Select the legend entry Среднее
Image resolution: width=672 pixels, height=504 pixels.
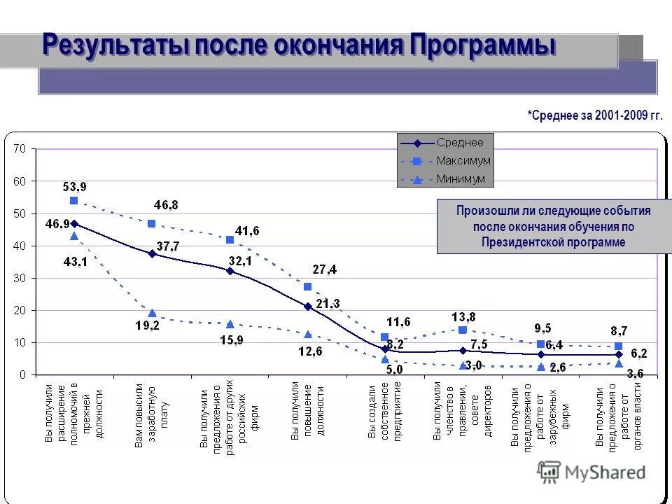tap(460, 143)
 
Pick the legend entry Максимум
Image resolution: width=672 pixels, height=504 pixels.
tap(463, 161)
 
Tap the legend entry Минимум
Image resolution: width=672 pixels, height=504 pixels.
tap(461, 179)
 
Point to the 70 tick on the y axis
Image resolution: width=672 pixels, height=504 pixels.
tap(20, 149)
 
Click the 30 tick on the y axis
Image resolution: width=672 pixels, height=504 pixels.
tap(20, 278)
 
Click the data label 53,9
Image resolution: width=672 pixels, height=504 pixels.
tap(75, 187)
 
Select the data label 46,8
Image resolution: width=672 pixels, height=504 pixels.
tap(166, 205)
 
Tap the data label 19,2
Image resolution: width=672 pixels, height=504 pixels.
tap(148, 326)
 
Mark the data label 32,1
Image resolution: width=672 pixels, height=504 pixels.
tap(239, 260)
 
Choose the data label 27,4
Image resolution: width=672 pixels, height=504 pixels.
tap(324, 269)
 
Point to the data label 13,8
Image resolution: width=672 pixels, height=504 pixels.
tap(463, 316)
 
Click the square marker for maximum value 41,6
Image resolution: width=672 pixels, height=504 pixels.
tap(230, 239)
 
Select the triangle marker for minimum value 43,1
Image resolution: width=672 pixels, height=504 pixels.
tap(73, 236)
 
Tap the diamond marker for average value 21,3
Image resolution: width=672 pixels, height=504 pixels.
tap(307, 306)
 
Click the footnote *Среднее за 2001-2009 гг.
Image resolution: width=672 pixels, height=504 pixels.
tap(594, 115)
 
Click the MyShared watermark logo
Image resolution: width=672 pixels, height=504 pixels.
tap(591, 472)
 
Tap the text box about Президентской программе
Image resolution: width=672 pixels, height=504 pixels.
tap(553, 226)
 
